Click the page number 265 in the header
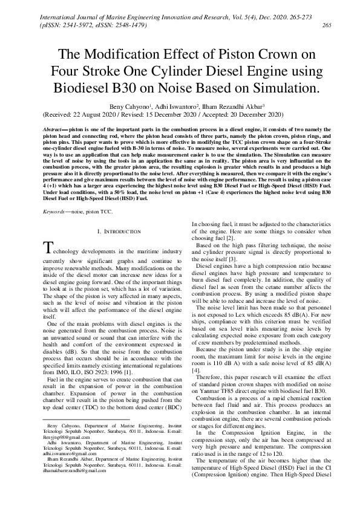(327, 25)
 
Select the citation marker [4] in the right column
(195, 351)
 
